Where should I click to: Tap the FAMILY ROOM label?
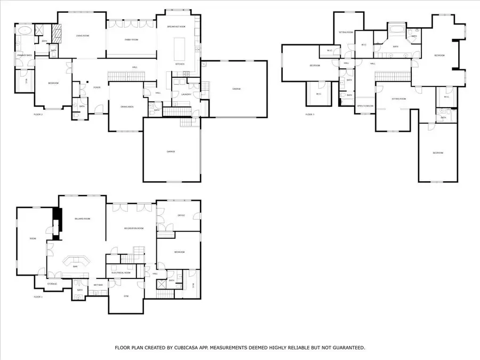[131, 39]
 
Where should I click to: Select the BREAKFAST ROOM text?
[176, 26]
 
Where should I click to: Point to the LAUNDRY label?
[186, 94]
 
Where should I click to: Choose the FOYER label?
[97, 87]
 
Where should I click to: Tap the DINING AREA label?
[127, 107]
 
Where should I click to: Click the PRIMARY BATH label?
[25, 55]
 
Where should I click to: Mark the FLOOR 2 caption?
[38, 114]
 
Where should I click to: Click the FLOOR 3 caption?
[310, 114]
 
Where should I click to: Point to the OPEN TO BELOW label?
[365, 106]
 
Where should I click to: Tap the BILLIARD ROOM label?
[82, 219]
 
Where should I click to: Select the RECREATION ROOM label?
[134, 228]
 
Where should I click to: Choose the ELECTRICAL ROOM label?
[121, 273]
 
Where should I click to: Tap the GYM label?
[126, 296]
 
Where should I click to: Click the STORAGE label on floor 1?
[52, 284]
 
